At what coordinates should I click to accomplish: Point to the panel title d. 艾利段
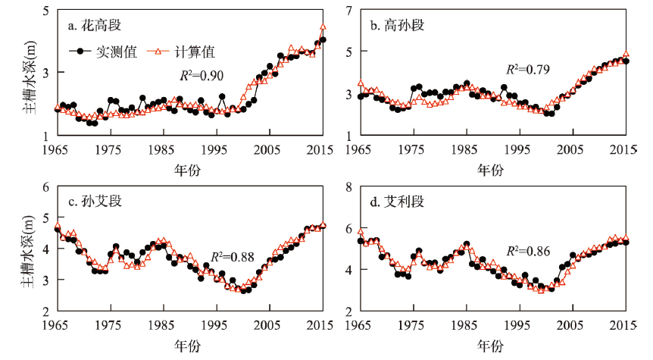point(397,201)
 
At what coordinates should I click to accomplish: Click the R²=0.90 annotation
point(200,75)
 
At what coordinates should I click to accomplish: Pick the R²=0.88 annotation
point(231,256)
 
